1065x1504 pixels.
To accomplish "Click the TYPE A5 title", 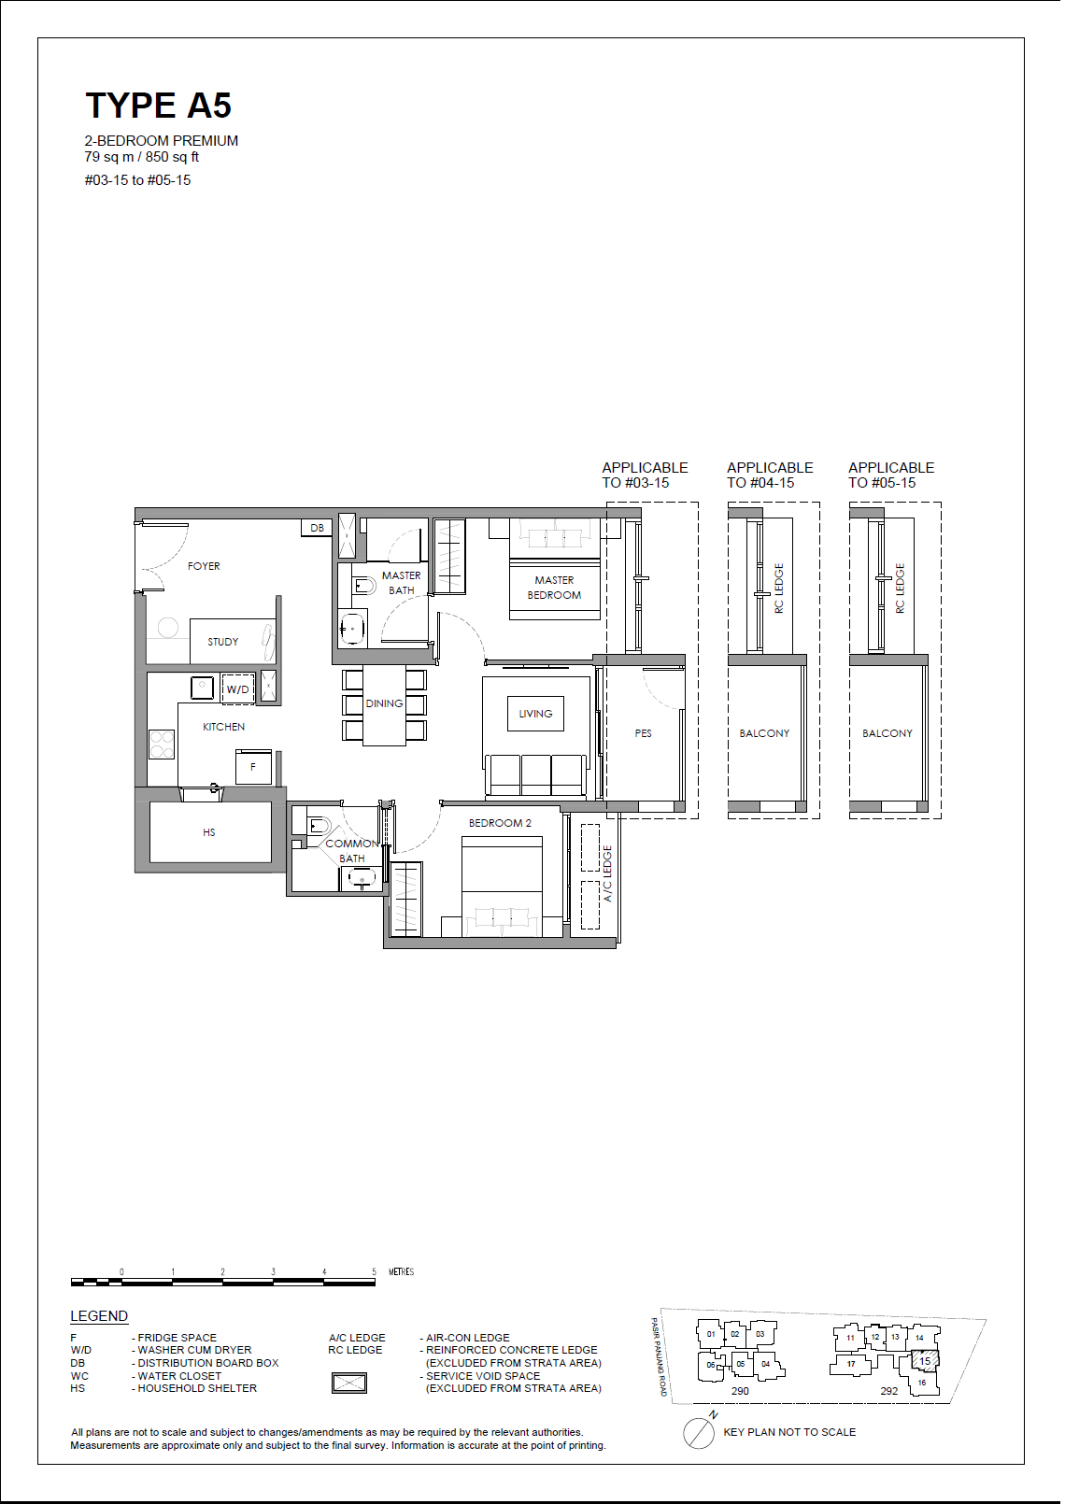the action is (159, 106).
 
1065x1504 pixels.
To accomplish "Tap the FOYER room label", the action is (204, 566).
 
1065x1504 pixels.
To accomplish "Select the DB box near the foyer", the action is (317, 528).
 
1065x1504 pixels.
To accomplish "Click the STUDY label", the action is (223, 642).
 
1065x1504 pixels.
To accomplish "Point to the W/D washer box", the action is (237, 688).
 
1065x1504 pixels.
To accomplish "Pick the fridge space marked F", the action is (253, 767).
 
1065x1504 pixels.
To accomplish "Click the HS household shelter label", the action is (209, 832).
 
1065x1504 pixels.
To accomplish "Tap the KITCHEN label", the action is (223, 727).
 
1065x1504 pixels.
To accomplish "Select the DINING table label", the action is (384, 703).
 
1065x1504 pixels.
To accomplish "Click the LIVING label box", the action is (535, 714).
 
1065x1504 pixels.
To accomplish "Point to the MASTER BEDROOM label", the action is (554, 588).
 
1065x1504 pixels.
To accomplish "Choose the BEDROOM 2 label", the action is (500, 823).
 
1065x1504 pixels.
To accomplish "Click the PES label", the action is (644, 733).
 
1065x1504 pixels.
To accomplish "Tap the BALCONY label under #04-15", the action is (764, 733).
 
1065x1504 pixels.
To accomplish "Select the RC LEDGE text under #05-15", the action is (901, 589).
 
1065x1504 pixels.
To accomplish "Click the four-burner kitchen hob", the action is (162, 745).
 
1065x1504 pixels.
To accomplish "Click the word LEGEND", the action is (99, 1316).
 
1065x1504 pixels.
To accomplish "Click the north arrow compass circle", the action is (699, 1434).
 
